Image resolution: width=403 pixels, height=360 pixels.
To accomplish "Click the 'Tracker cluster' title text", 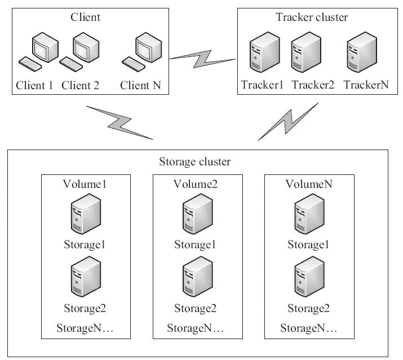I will point(312,17).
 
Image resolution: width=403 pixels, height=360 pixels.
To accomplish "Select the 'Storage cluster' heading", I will point(195,163).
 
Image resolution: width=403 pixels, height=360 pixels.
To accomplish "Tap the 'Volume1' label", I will point(85,184).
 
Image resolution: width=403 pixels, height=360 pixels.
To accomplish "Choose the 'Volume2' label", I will point(196,184).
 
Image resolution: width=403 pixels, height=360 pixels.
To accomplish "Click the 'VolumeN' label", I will point(308,184).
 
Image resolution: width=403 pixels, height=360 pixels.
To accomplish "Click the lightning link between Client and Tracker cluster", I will point(202,57).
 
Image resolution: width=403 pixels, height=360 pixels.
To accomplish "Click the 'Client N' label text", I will point(140,86).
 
